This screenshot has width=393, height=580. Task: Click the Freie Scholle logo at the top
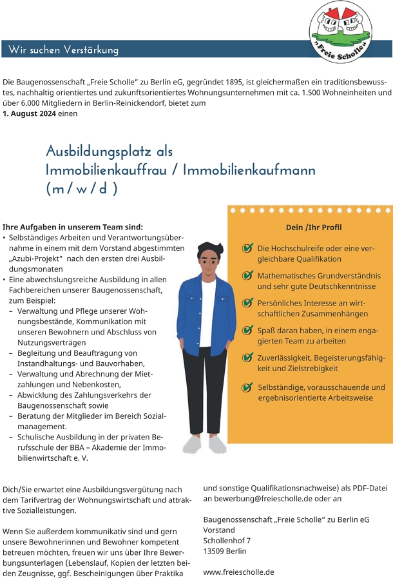(x=341, y=32)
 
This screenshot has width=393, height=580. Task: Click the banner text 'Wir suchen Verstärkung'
(x=64, y=50)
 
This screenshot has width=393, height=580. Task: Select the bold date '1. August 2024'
(x=29, y=113)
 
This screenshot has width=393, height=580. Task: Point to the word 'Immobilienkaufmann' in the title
(x=249, y=171)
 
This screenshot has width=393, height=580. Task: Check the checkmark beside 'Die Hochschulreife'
(x=247, y=248)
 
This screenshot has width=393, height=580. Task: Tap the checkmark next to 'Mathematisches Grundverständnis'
(x=247, y=276)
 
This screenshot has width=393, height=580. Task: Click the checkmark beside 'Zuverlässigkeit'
(x=247, y=358)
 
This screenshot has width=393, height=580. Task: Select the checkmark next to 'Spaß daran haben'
(x=247, y=331)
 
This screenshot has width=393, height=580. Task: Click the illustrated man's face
(x=209, y=260)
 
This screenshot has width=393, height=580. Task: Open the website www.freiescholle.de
(x=238, y=572)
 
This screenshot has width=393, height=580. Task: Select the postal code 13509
(x=214, y=551)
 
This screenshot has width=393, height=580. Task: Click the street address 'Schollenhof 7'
(x=227, y=540)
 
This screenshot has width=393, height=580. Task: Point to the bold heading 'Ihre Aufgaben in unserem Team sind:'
(x=72, y=227)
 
